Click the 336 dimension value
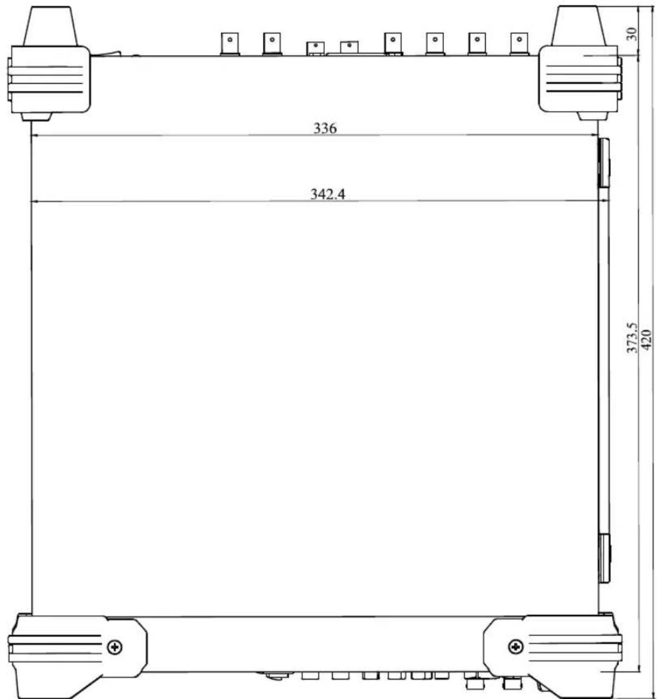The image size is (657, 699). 325,128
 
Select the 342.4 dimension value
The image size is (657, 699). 328,194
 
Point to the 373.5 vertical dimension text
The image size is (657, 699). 632,338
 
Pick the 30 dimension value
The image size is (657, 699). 631,35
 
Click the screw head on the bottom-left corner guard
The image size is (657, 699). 115,646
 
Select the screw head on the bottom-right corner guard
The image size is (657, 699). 516,646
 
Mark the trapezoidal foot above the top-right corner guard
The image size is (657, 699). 579,26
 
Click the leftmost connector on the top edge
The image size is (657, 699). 230,44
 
